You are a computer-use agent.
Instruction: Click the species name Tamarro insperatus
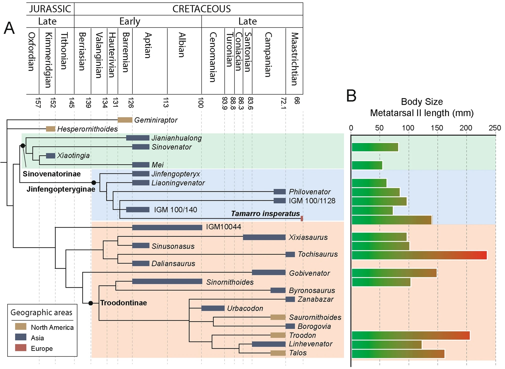click(265, 214)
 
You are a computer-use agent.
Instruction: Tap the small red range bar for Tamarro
click(302, 219)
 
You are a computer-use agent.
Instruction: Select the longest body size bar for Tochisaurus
click(419, 255)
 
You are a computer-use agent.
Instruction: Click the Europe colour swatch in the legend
click(21, 348)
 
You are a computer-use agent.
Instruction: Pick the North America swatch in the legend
click(21, 327)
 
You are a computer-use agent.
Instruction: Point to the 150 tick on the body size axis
click(437, 128)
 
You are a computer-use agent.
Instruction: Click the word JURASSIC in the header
click(50, 9)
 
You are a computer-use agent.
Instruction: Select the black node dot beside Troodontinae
click(91, 303)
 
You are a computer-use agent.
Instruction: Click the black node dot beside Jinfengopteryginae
click(94, 183)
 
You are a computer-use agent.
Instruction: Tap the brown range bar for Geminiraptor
click(125, 120)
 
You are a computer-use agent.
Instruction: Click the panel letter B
click(351, 96)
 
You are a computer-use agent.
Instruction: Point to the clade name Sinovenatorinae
click(52, 174)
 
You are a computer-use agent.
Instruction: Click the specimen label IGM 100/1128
click(312, 201)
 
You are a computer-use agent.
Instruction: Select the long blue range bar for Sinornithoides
click(167, 282)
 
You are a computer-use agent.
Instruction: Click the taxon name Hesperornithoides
click(87, 129)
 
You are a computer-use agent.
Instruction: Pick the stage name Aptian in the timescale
click(148, 45)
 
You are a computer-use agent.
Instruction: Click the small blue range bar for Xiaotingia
click(51, 156)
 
